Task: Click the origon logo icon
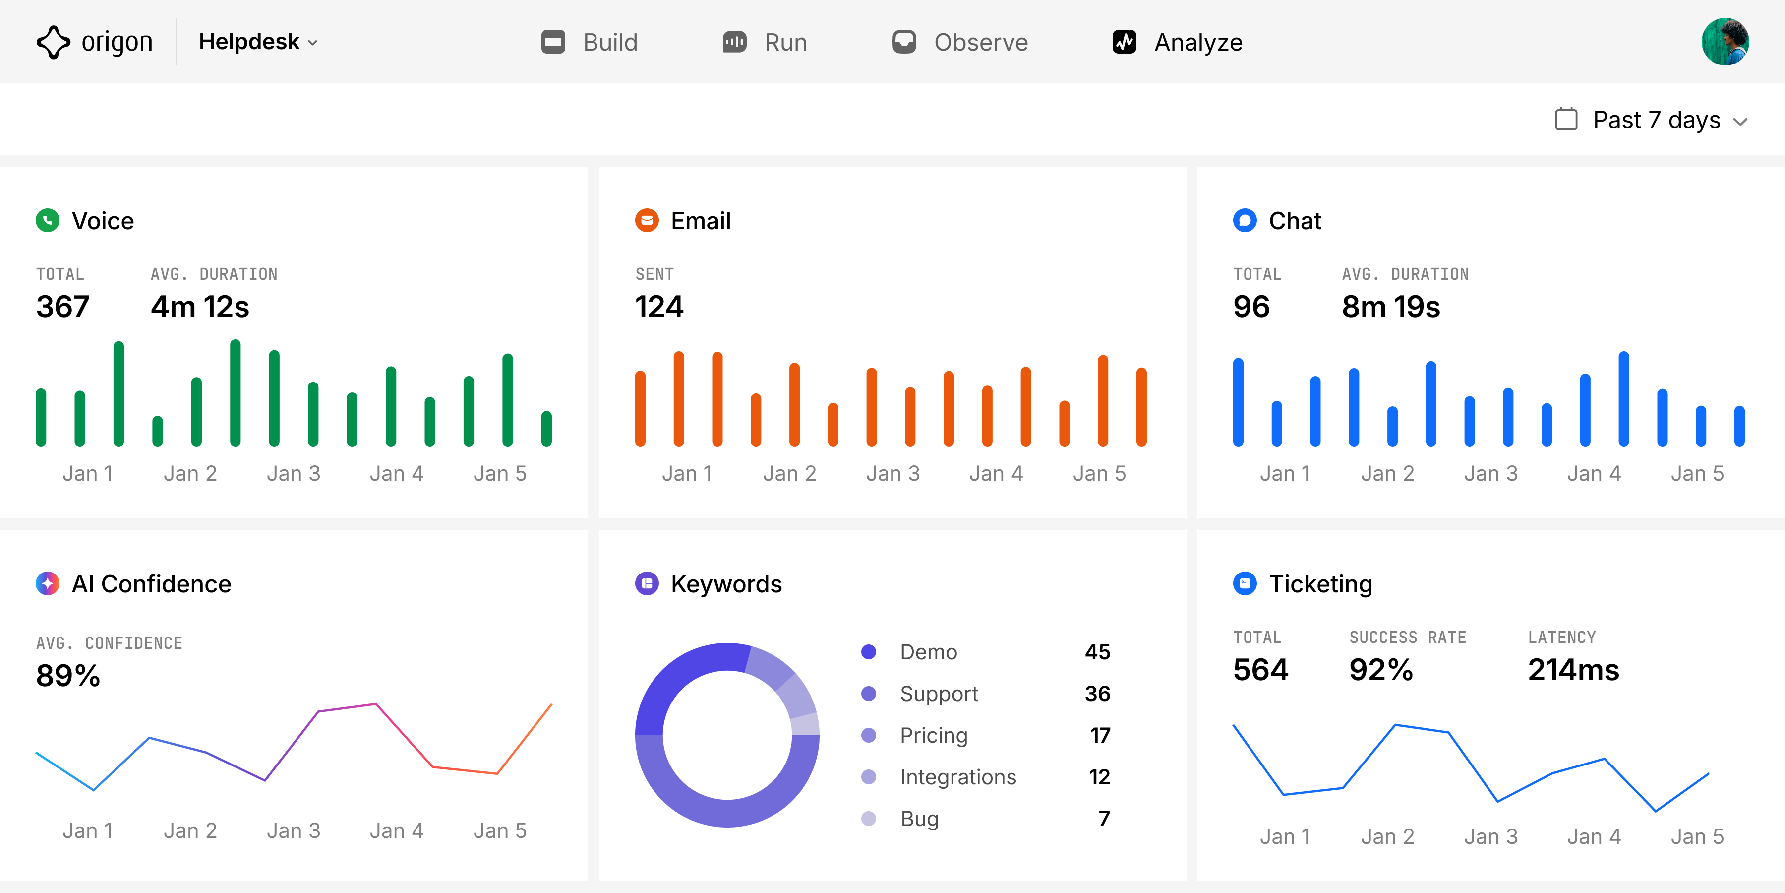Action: pos(54,42)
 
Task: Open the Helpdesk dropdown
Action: pos(258,42)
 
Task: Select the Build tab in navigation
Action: pos(589,42)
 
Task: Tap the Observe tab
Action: pos(960,42)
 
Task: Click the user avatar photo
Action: pos(1724,42)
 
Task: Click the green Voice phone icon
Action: pos(47,220)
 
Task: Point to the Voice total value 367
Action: pos(63,307)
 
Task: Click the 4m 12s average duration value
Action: pos(199,307)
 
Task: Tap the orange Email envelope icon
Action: pos(647,220)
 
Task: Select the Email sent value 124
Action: pos(659,307)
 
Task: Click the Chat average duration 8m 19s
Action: pos(1391,307)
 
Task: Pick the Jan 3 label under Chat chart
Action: pos(1490,474)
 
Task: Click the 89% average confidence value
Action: pos(68,675)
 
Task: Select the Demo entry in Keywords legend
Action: pos(928,652)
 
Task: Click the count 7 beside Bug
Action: pos(1104,819)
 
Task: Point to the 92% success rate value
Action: pos(1380,670)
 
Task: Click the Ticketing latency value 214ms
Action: pos(1573,670)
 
